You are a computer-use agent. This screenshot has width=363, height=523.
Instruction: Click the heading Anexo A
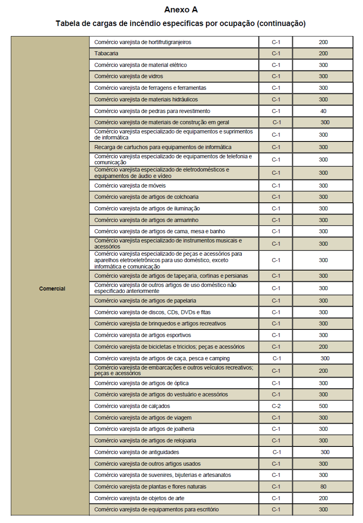coord(181,9)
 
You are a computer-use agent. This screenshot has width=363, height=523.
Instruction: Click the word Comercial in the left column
coord(52,288)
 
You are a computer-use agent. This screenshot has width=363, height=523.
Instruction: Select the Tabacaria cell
coord(106,53)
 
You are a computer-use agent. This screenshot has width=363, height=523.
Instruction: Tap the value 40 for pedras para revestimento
coord(323,111)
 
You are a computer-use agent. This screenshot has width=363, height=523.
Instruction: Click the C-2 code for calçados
coord(276,406)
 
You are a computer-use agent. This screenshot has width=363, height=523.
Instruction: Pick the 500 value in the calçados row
coord(323,406)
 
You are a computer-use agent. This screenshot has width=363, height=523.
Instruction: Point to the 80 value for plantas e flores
coord(323,487)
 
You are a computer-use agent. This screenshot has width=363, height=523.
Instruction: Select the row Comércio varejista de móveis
coord(130,186)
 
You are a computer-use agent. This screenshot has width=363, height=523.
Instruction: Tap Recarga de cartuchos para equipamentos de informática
coord(163,147)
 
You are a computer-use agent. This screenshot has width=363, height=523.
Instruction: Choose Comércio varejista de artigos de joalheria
coord(145,429)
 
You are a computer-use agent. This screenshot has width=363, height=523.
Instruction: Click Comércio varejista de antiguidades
coord(136,452)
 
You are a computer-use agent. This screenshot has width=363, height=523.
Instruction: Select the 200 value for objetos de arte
coord(323,498)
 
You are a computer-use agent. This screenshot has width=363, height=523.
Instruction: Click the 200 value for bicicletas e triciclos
coord(323,347)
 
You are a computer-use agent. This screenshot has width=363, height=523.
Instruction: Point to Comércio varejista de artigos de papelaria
coord(145,301)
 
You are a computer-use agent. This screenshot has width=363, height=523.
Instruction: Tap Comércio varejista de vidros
coord(128,76)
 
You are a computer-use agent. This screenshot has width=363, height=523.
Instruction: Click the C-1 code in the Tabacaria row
coord(276,53)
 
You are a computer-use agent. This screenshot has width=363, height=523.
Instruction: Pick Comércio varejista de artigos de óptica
coord(141,383)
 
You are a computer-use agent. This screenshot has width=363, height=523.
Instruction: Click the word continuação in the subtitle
coord(282,24)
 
